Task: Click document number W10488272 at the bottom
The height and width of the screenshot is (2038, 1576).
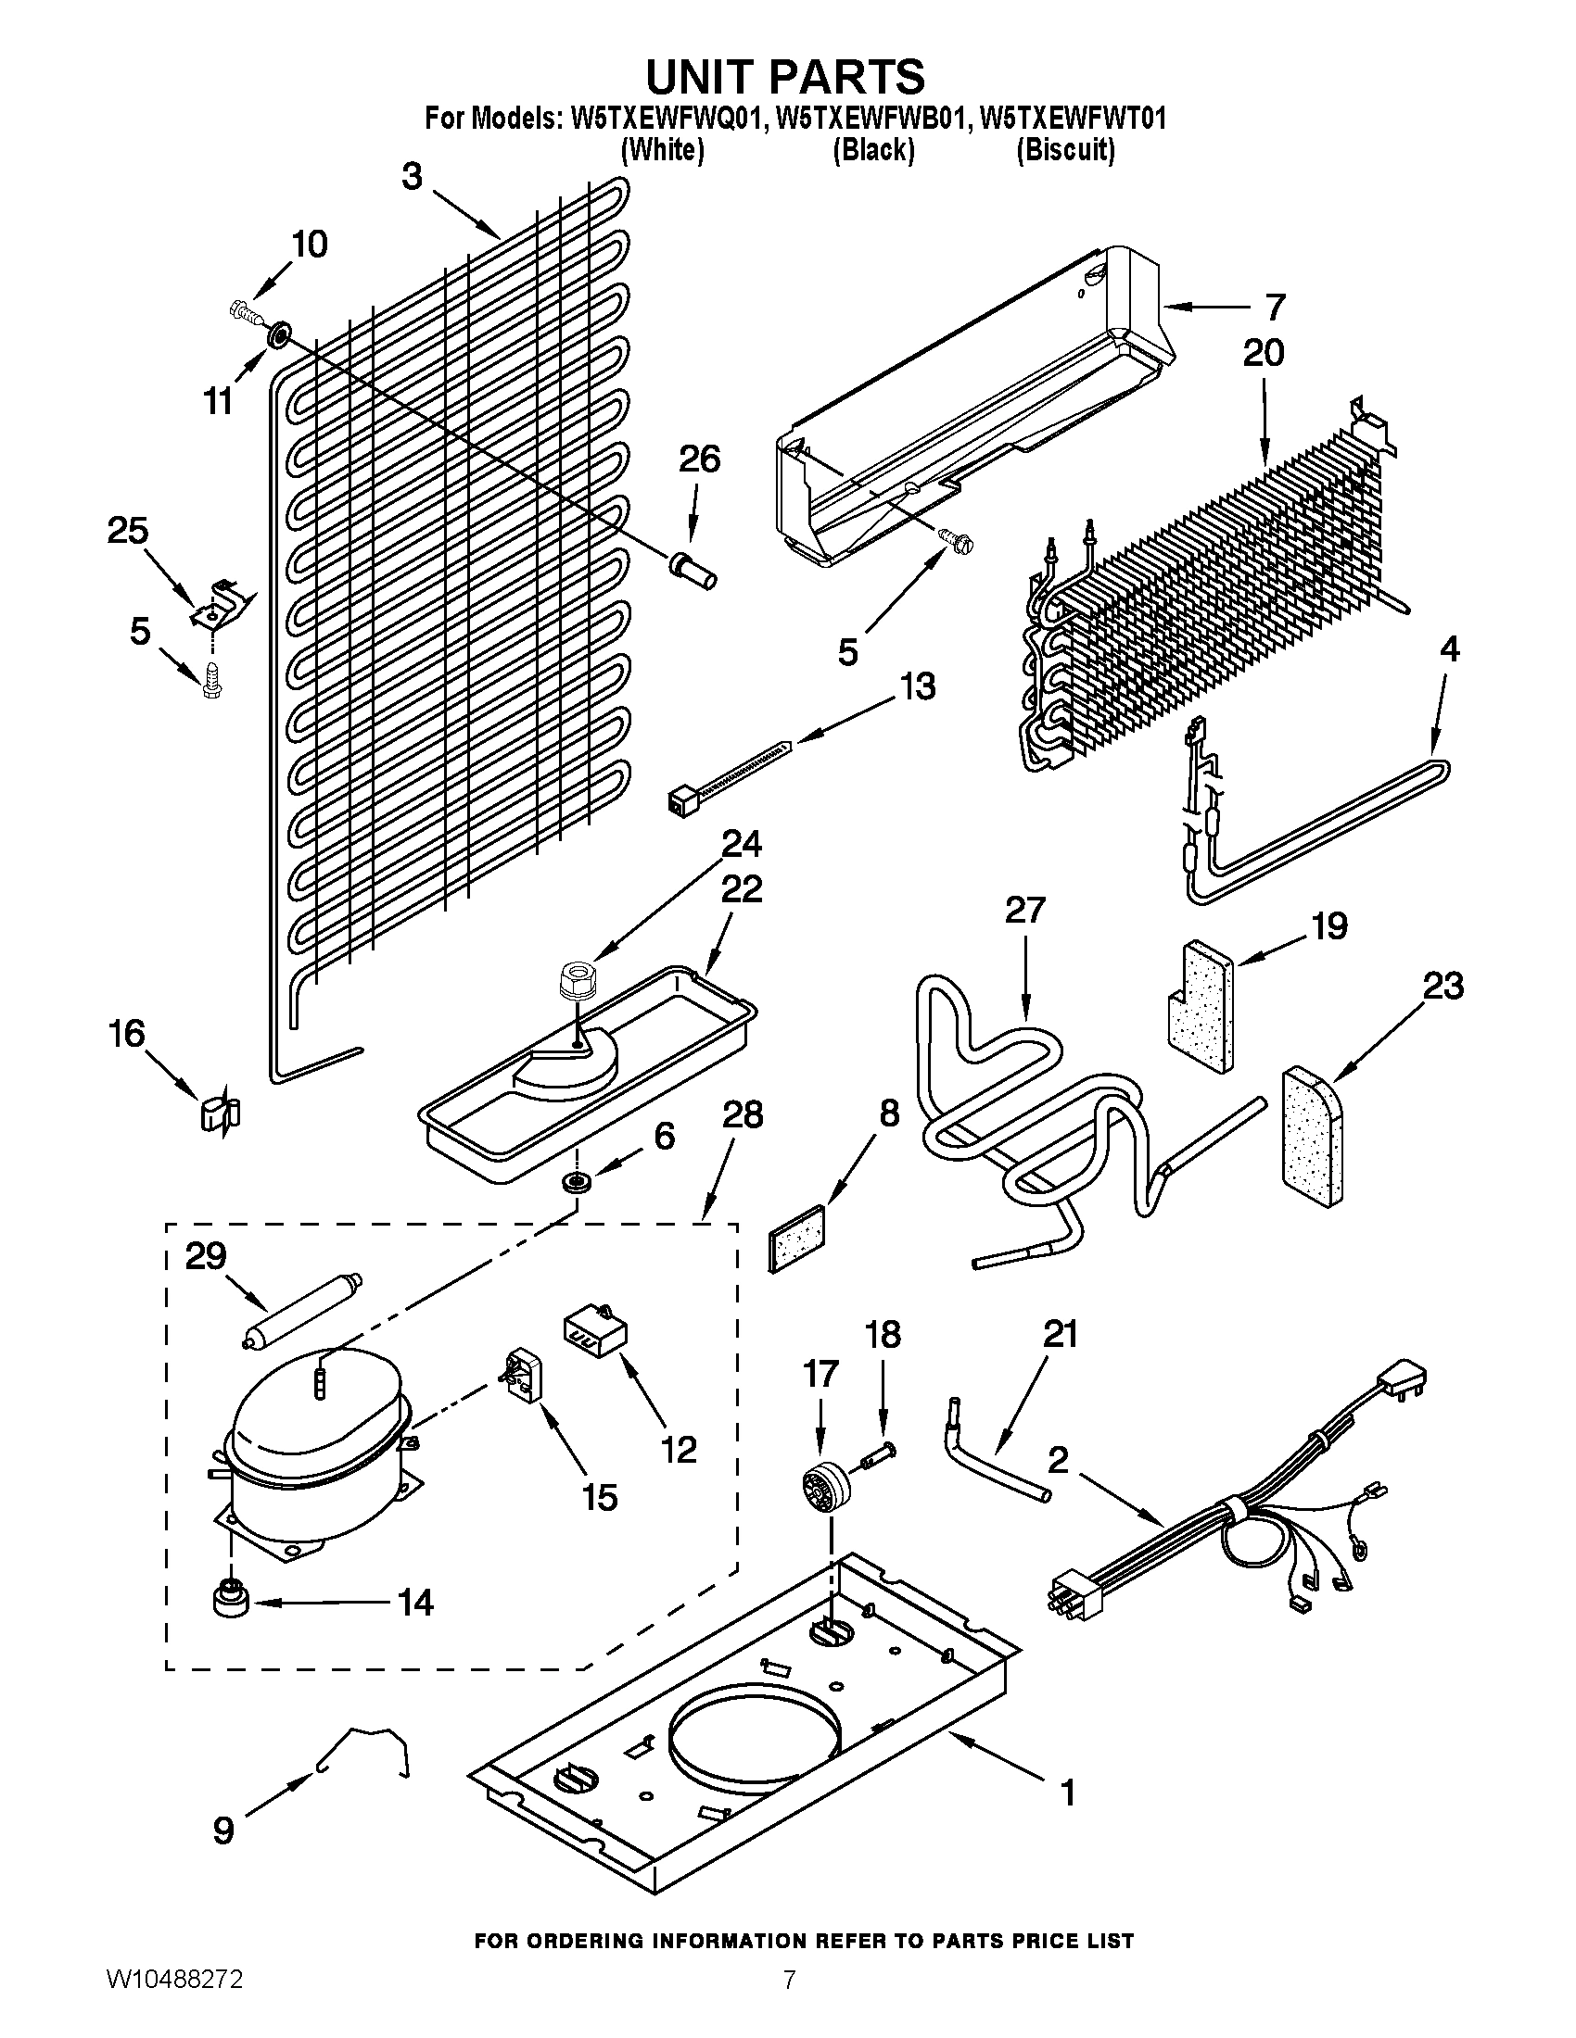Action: [x=174, y=2001]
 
